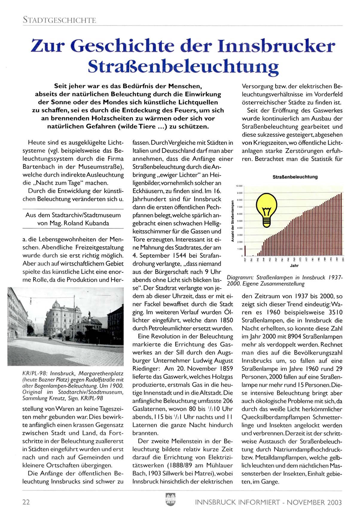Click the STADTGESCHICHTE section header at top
[x=59, y=20]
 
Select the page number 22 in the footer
[x=26, y=502]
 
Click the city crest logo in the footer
[x=170, y=499]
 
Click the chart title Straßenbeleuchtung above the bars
[x=295, y=177]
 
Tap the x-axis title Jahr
[x=294, y=265]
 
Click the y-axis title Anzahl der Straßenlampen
[x=232, y=222]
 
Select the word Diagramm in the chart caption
[x=239, y=278]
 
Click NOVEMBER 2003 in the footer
[x=314, y=502]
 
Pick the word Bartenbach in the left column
[x=38, y=167]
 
